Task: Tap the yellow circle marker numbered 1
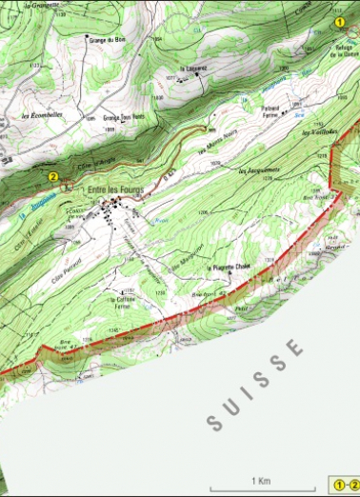click(339, 19)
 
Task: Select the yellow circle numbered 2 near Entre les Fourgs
click(53, 175)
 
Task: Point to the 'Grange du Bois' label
click(107, 40)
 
